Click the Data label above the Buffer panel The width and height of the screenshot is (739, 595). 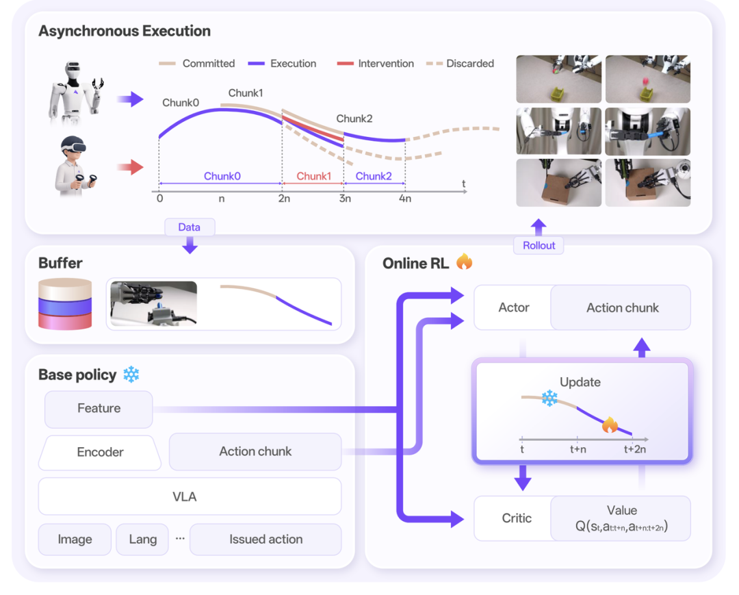pos(190,227)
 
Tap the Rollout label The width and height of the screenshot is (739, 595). pos(539,245)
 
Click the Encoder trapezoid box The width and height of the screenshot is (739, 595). pos(100,452)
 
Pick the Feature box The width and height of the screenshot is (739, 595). pos(99,408)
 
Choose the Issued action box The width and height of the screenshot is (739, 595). pos(265,539)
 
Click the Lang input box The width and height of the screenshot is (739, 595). pos(142,539)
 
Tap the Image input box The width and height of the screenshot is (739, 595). pos(75,539)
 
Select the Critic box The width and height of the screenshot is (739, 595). pos(517,518)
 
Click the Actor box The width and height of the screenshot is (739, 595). pos(514,307)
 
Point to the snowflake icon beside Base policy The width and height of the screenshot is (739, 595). pos(131,375)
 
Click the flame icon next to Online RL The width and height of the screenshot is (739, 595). pos(464,262)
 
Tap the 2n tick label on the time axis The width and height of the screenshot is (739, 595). pos(284,199)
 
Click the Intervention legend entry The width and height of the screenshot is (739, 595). pos(376,64)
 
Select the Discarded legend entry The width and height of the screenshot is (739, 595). pos(460,64)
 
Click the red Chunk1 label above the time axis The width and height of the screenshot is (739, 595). pos(313,176)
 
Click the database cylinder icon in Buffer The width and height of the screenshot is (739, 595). pos(65,304)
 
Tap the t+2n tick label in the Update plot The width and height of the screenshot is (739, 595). pos(634,449)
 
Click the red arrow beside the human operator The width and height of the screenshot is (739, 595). pos(130,167)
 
